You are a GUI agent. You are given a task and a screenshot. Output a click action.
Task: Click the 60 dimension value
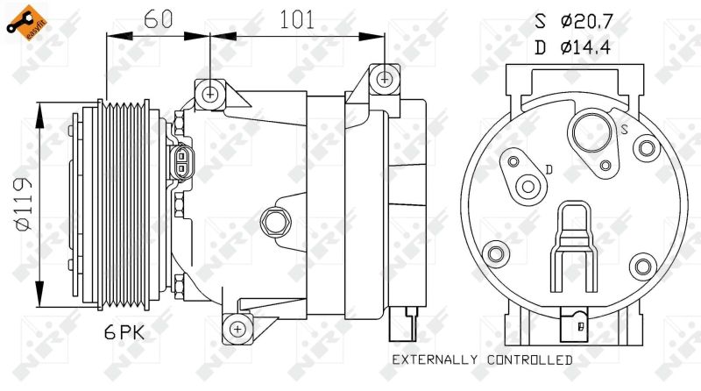pyautogui.click(x=159, y=18)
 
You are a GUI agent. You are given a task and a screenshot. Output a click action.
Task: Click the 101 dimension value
pyautogui.click(x=297, y=19)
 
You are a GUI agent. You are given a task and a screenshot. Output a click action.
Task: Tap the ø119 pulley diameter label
pyautogui.click(x=24, y=204)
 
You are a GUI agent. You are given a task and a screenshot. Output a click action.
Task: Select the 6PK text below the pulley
pyautogui.click(x=124, y=332)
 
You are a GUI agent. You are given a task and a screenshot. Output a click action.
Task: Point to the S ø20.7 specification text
pyautogui.click(x=573, y=21)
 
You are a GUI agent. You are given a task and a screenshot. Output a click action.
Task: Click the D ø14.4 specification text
pyautogui.click(x=573, y=46)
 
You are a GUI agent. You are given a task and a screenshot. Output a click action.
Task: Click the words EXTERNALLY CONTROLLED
pyautogui.click(x=483, y=359)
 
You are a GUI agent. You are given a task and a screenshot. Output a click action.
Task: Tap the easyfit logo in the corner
pyautogui.click(x=27, y=23)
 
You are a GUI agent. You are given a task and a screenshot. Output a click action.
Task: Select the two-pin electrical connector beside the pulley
pyautogui.click(x=181, y=162)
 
